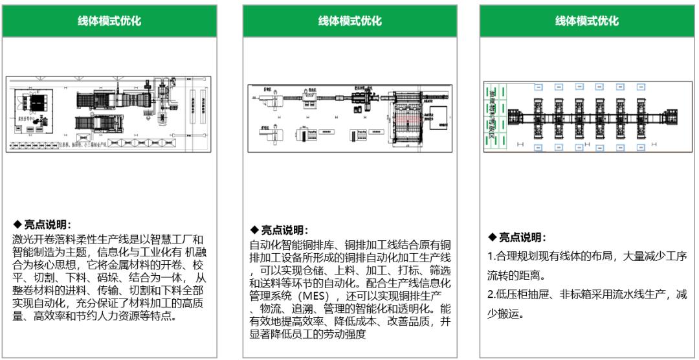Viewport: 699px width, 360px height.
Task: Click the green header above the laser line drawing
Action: point(109,21)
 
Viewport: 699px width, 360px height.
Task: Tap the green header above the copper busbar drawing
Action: point(349,21)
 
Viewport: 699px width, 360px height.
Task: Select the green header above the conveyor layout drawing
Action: point(586,21)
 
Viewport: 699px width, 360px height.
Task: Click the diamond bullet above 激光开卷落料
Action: point(17,225)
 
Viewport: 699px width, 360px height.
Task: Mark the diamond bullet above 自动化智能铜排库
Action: point(254,231)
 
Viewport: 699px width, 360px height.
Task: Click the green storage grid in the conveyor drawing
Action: point(495,117)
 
